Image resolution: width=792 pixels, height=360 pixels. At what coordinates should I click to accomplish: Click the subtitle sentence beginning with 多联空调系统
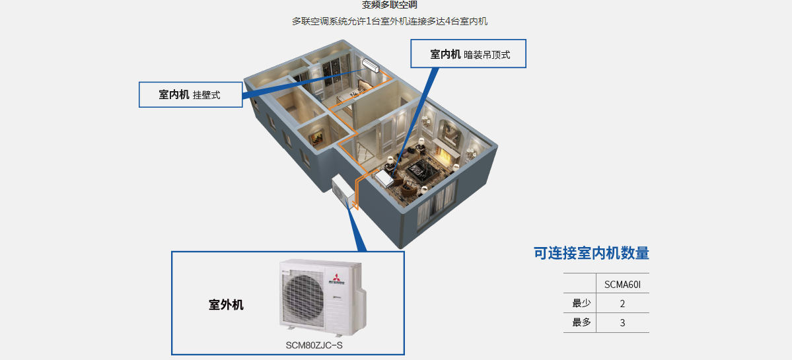[390, 21]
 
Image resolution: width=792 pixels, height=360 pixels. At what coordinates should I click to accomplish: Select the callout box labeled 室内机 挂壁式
[190, 94]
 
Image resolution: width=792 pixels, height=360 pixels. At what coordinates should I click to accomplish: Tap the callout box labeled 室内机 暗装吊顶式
[468, 54]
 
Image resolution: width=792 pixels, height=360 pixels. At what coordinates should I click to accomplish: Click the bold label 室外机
[226, 305]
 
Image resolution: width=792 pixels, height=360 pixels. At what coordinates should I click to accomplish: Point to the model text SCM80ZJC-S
[314, 345]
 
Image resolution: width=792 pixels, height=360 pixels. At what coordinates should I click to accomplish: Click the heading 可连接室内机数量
[591, 253]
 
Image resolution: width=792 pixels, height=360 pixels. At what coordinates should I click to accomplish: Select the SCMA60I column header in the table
[622, 285]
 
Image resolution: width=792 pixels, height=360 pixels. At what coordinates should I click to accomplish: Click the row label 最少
[581, 303]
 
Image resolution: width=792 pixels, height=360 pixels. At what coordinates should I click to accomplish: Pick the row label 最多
[581, 323]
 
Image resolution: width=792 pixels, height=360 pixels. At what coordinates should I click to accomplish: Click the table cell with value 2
[622, 304]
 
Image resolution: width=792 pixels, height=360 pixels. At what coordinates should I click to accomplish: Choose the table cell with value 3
[622, 323]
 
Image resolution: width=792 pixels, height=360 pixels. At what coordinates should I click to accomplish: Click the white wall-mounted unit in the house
[371, 64]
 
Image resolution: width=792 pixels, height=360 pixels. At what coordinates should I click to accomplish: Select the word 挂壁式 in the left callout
[207, 95]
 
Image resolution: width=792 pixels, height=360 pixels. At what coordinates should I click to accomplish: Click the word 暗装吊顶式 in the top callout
[487, 55]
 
